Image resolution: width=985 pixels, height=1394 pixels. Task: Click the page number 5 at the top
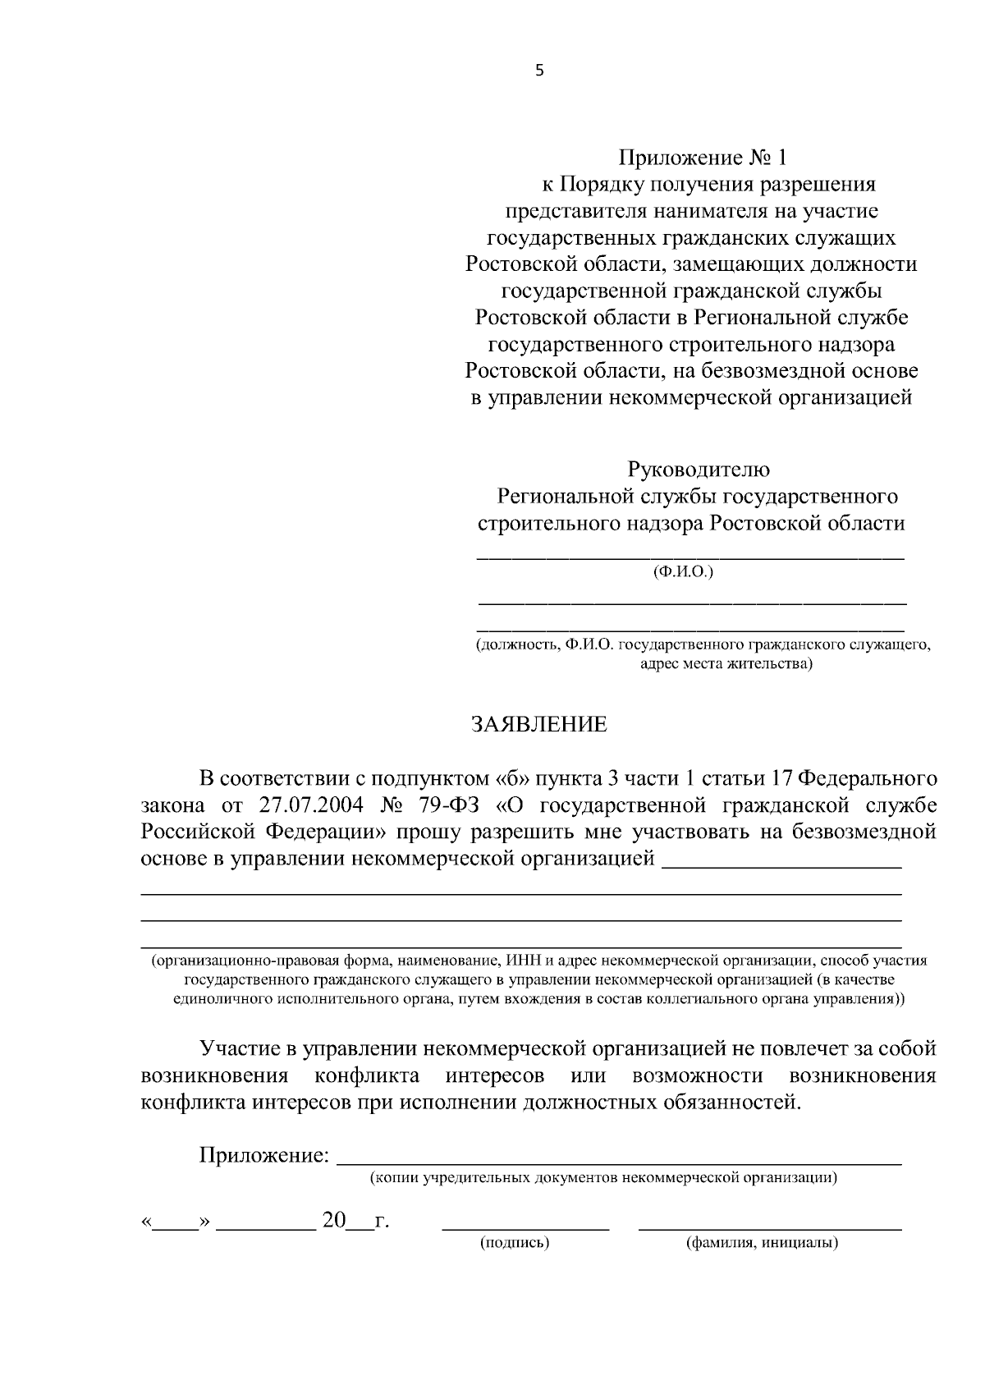(x=539, y=71)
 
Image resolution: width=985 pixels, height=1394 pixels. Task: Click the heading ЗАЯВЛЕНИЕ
(x=538, y=724)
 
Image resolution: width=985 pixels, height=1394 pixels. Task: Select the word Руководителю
(x=699, y=470)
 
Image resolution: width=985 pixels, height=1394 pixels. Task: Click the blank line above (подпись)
(x=525, y=1227)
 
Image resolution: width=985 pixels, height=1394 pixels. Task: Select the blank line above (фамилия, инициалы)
(x=769, y=1227)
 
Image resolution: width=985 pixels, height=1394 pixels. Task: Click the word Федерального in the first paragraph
(x=868, y=777)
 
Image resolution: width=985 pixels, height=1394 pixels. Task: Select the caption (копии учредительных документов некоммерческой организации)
(x=603, y=1178)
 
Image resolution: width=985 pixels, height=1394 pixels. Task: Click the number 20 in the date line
(x=335, y=1220)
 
